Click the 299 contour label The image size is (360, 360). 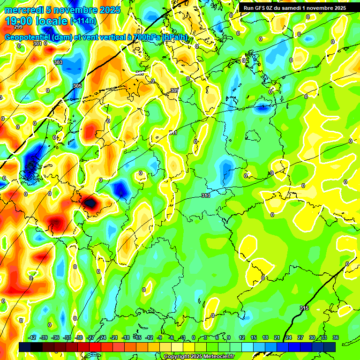[18, 40]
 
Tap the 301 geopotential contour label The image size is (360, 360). [37, 44]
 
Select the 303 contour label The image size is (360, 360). [58, 62]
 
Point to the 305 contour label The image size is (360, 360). [77, 86]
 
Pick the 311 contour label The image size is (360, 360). [173, 133]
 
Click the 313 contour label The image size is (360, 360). [205, 195]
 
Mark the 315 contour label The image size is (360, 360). [304, 308]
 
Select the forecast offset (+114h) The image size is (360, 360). [83, 21]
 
